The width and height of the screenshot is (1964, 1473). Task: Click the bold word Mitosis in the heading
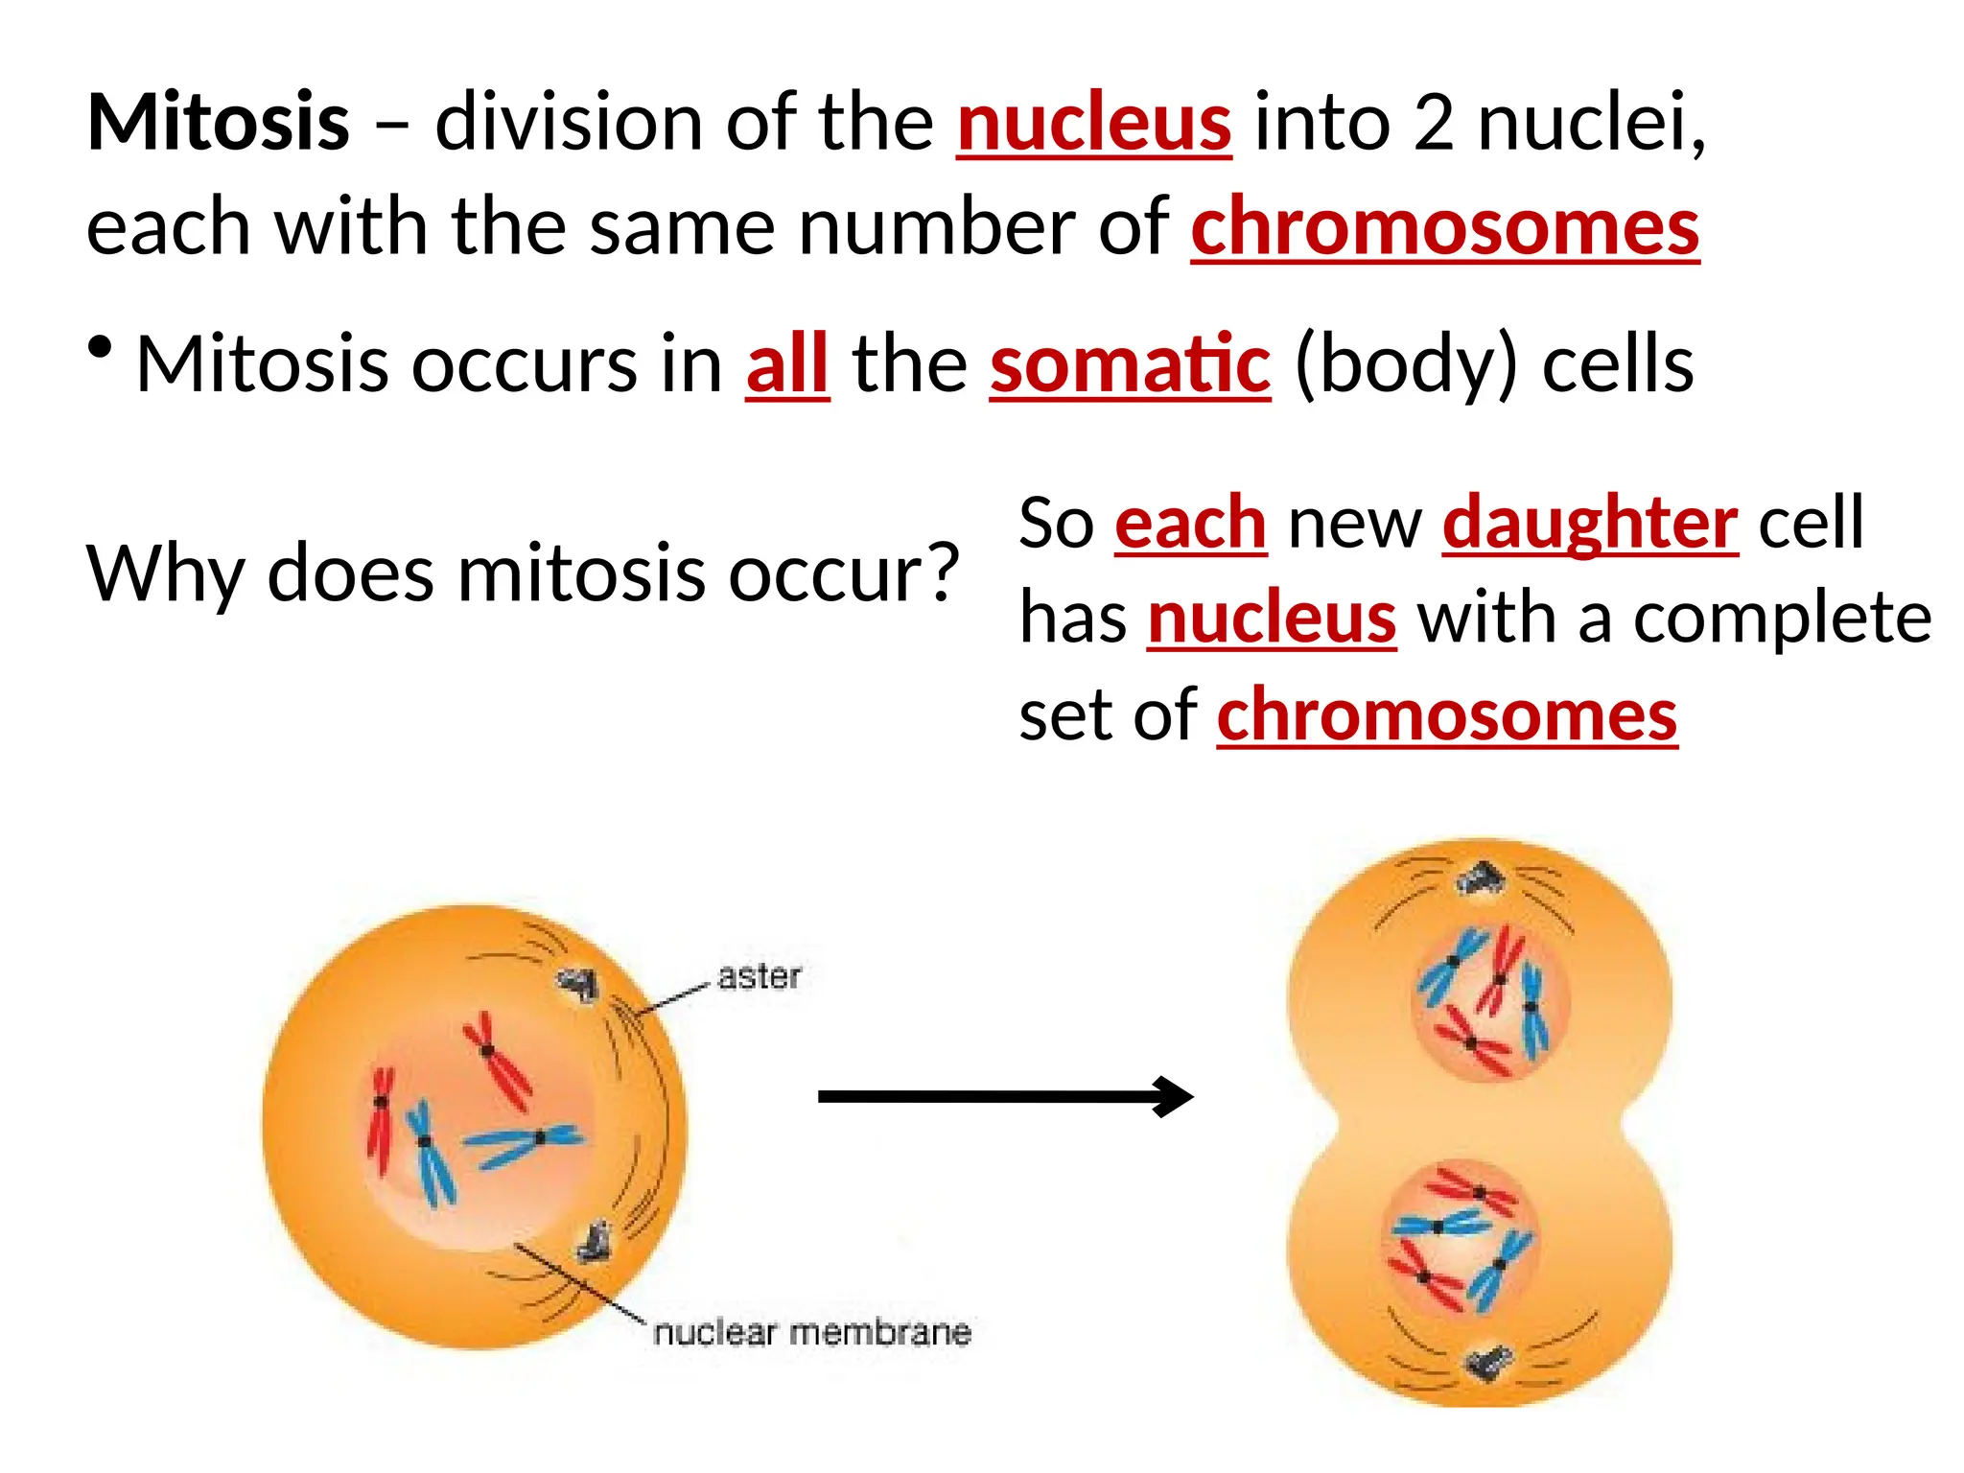pos(218,123)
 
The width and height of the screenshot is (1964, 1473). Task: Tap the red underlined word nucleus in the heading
pos(1093,123)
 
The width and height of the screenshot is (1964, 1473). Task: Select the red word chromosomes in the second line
pos(1444,227)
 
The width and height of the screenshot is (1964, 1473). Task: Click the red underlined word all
pos(787,364)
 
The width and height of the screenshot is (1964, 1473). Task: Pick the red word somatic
pos(1130,364)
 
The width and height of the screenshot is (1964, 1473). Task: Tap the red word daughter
pos(1589,523)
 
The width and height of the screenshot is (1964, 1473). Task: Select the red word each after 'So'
pos(1190,523)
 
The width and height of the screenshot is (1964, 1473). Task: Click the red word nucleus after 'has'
pos(1272,618)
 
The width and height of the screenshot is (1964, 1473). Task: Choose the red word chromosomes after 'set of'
pos(1446,714)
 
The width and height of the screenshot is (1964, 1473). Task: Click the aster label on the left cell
pos(759,976)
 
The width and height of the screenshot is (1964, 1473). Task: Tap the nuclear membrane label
pos(811,1332)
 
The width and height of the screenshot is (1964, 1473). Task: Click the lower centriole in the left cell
pos(595,1241)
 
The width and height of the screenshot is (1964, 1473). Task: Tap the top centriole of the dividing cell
pos(1481,878)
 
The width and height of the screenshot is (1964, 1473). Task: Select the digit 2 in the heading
pos(1433,123)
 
